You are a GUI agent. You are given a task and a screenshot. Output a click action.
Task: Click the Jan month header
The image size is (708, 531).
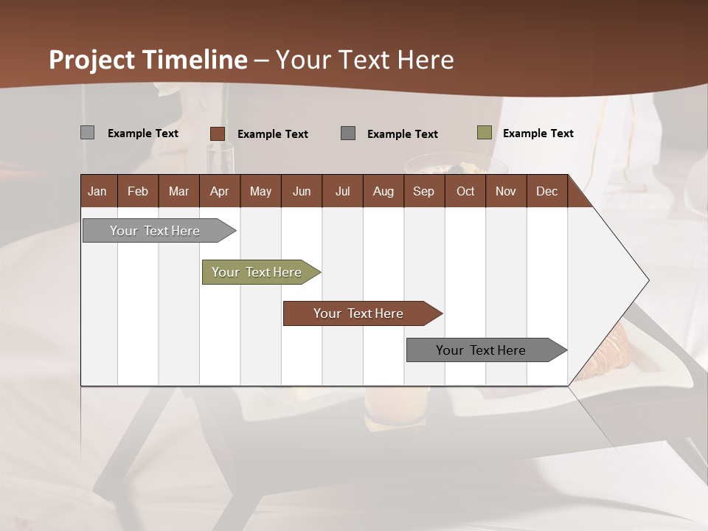(x=97, y=191)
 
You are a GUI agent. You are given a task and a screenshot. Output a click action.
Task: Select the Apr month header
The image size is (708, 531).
(x=219, y=191)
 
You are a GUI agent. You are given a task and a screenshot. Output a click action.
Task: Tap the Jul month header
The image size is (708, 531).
(x=342, y=191)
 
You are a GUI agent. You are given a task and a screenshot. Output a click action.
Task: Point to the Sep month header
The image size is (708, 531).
(x=423, y=191)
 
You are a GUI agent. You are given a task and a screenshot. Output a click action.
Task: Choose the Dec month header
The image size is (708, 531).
(x=546, y=191)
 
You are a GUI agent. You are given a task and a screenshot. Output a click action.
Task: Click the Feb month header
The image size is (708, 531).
(x=138, y=191)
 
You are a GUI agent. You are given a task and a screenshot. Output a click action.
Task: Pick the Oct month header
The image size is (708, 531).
(x=465, y=191)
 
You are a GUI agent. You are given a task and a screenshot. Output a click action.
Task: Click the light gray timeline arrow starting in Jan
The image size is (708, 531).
(x=155, y=231)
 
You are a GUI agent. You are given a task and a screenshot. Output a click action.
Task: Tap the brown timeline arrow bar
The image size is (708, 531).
(x=358, y=313)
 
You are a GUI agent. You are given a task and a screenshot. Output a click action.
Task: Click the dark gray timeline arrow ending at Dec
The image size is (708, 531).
(x=481, y=350)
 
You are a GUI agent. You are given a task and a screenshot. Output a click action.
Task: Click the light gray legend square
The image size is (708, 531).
(x=88, y=133)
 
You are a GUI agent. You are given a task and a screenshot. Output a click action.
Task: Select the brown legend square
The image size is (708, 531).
(x=217, y=133)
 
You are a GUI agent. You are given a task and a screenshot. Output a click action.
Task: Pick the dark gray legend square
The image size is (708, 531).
(x=348, y=133)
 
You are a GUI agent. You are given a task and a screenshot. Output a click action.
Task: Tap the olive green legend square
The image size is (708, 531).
(x=485, y=133)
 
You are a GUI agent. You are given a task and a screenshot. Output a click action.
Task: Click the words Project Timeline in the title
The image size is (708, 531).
(x=147, y=60)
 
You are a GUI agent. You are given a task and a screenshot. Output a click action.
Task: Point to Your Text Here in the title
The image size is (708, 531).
(x=364, y=60)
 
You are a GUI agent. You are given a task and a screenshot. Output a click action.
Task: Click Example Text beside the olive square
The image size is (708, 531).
(x=538, y=133)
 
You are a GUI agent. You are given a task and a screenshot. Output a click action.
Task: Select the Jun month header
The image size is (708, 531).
(x=301, y=191)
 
